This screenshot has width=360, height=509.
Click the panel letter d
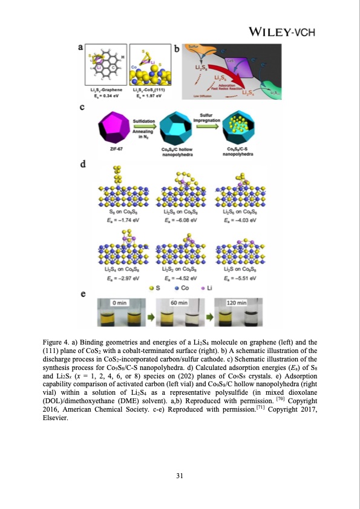[x=82, y=164]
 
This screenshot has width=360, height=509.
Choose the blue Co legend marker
[x=169, y=288]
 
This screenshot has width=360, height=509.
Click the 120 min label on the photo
[x=237, y=302]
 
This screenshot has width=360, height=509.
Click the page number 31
[x=180, y=475]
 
